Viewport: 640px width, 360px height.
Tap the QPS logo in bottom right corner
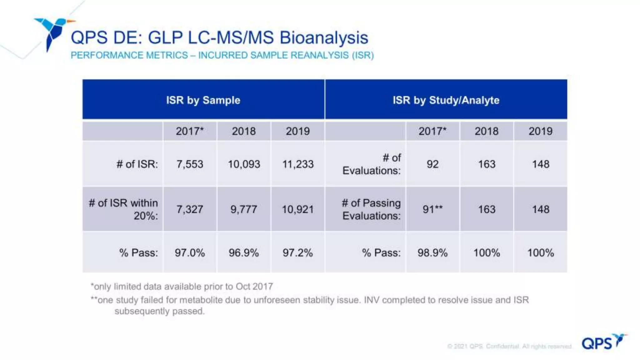[x=604, y=342]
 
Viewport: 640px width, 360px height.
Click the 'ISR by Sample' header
[x=203, y=100]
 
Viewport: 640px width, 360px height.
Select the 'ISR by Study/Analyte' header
[x=446, y=100]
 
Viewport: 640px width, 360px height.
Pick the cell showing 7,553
[x=190, y=164]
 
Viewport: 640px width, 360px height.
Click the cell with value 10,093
[x=244, y=164]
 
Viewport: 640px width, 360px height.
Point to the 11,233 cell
[x=298, y=164]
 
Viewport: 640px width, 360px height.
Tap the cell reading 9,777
[x=244, y=209]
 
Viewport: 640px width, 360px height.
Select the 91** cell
[x=432, y=209]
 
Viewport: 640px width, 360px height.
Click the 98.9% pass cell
[x=432, y=252]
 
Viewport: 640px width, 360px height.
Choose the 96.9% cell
[x=244, y=252]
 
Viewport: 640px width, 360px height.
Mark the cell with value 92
[x=432, y=164]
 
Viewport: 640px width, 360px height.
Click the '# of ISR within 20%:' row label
[x=123, y=209]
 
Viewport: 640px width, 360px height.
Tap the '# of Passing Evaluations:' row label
[x=371, y=209]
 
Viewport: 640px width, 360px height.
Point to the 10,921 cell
[x=298, y=209]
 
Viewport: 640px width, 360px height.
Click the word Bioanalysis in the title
[x=324, y=38]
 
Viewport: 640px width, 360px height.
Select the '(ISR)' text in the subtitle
[x=363, y=55]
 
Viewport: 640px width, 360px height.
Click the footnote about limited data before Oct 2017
[x=182, y=286]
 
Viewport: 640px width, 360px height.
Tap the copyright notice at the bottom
[x=509, y=346]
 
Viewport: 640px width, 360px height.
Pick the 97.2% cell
[x=298, y=252]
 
